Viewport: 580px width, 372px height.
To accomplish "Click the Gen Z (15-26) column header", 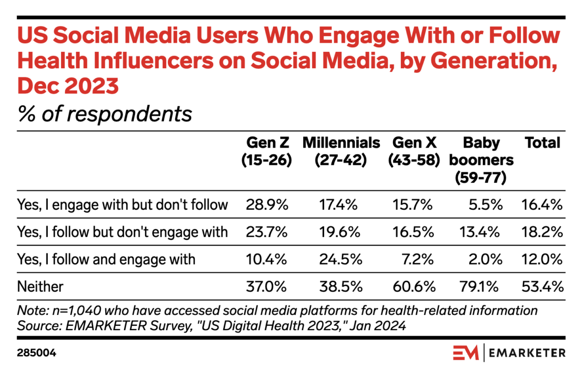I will click(x=266, y=152).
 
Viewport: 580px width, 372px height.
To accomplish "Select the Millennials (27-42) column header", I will click(x=341, y=152).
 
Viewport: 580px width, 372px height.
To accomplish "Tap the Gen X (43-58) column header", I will click(x=413, y=152).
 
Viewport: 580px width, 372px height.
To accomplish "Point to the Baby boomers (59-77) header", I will click(x=481, y=160).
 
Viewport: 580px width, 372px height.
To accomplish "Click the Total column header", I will click(x=542, y=143).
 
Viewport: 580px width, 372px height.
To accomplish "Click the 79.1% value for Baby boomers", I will click(x=482, y=287).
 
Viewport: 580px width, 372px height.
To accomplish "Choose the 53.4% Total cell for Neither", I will click(x=542, y=287).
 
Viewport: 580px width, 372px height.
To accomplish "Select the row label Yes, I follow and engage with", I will click(x=106, y=259).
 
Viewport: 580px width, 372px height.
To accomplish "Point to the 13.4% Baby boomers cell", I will click(x=482, y=232).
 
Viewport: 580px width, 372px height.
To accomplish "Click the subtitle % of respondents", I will click(x=105, y=113).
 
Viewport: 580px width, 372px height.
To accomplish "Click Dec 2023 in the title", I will click(x=68, y=85).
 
